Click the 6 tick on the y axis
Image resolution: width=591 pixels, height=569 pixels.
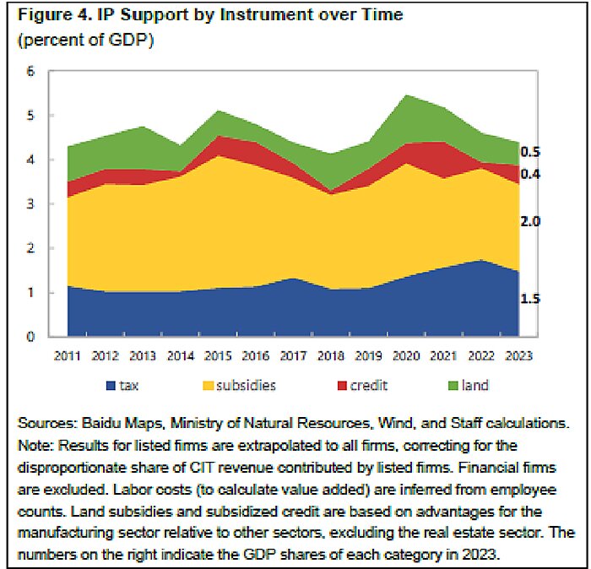[x=31, y=71]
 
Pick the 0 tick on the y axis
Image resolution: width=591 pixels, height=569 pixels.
[x=31, y=337]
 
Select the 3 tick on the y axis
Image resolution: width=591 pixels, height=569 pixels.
[x=31, y=204]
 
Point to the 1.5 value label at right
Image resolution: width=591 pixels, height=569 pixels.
[x=530, y=299]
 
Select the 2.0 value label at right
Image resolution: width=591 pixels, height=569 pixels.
[x=530, y=221]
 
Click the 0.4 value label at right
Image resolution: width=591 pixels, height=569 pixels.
[x=530, y=175]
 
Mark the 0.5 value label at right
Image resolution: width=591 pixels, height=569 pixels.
[x=530, y=153]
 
